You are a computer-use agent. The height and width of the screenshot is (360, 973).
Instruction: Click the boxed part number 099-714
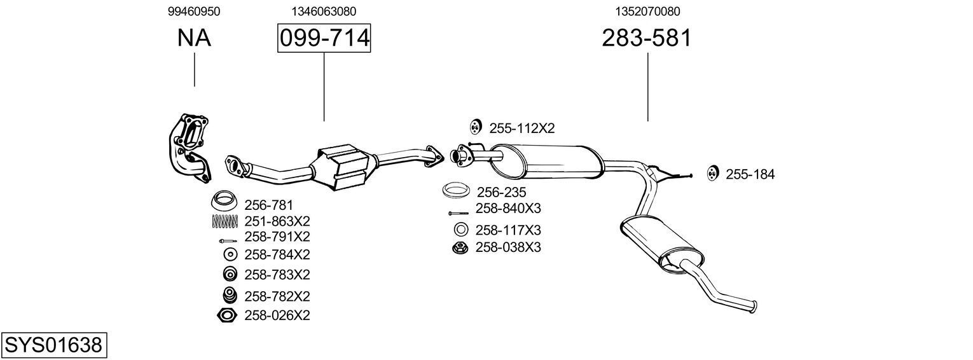pos(324,38)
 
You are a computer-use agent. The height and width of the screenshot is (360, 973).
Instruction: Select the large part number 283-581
pos(646,38)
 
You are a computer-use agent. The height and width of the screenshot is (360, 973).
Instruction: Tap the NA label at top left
pos(194,38)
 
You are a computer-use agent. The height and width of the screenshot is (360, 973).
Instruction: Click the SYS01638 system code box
pos(53,345)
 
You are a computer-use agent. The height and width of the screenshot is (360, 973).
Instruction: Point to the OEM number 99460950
pos(194,11)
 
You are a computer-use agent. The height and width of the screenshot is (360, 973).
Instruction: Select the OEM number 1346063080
pos(324,11)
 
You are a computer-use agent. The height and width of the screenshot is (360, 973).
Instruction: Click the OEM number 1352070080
pos(647,11)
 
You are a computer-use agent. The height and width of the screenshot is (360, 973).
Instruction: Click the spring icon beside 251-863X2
pos(224,221)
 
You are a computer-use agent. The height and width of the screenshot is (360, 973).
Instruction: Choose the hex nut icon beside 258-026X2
pos(226,315)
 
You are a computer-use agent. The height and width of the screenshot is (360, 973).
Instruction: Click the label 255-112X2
pos(521,128)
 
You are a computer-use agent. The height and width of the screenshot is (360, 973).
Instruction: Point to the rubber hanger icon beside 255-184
pos(712,172)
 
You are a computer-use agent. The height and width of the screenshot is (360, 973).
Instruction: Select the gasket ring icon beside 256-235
pos(456,191)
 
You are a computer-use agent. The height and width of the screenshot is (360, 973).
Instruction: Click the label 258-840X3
pos(508,209)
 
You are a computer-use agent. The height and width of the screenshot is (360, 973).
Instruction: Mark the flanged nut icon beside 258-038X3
pos(460,247)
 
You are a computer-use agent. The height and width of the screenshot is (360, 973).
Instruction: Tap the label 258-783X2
pos(277,275)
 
